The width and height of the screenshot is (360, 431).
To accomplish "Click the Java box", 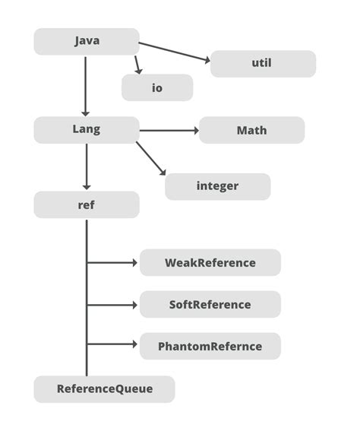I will coord(87,41).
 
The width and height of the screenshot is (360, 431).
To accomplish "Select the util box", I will coord(262,63).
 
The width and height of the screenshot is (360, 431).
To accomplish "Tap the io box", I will coord(157,87).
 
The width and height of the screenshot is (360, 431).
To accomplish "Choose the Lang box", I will coord(87,129).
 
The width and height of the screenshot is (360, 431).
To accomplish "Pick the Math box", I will coord(251,130).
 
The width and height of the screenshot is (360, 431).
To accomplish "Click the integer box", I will coord(217,186).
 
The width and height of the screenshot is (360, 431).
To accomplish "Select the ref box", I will coord(87,204).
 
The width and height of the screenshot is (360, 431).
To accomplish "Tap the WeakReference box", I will coord(210,262).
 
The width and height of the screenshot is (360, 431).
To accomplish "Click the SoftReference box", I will coord(210,304).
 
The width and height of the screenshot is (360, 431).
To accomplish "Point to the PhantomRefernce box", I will coord(210,346).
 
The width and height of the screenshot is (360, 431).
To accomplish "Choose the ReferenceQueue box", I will coord(104,388).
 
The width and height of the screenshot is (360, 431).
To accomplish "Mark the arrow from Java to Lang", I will coord(86,85).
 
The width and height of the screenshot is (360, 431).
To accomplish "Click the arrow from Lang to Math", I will coord(169,130).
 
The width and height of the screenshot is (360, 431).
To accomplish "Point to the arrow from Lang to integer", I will coord(151,160).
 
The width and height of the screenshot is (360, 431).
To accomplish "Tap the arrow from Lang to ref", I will coord(86,166).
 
